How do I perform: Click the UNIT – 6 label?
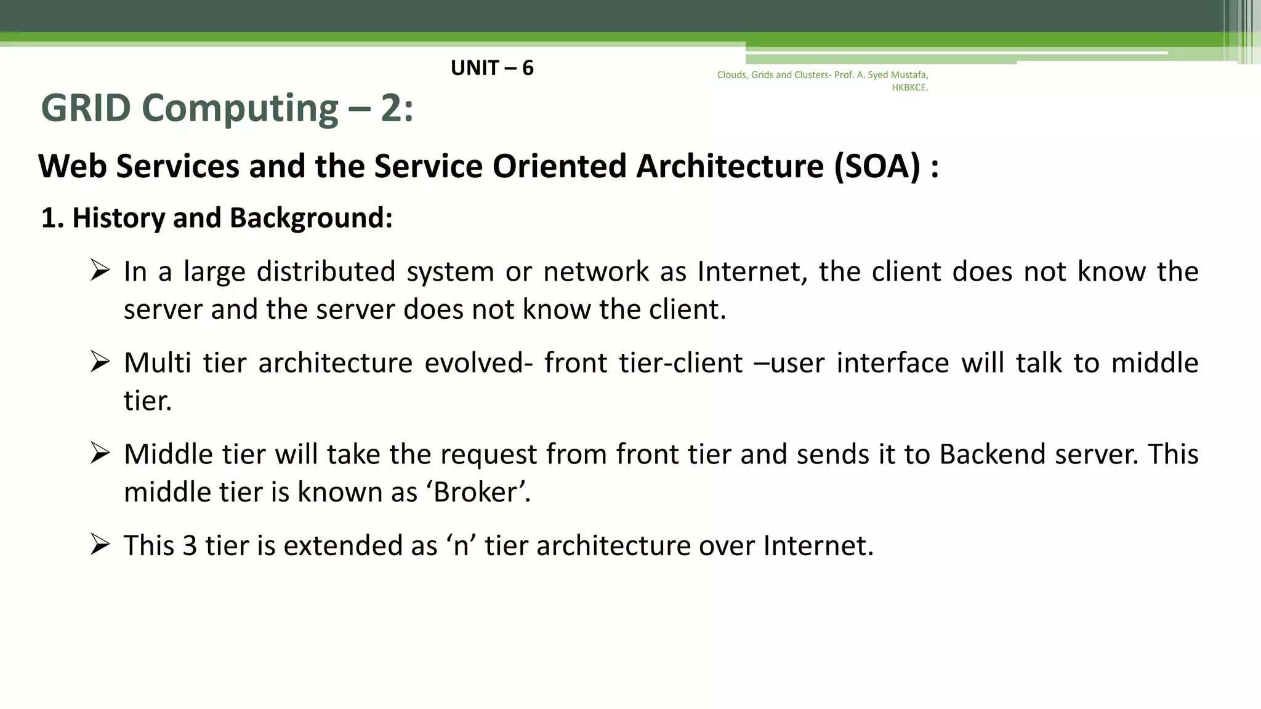(x=492, y=68)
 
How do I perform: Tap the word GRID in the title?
(x=86, y=108)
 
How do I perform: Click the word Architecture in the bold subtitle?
(x=730, y=166)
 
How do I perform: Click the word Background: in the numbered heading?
(x=311, y=218)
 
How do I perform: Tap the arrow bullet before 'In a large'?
(x=100, y=270)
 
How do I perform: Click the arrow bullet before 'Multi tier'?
(x=100, y=362)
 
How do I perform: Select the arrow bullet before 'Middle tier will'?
(x=100, y=453)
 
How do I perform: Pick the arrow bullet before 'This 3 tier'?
(x=100, y=545)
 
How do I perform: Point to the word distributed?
(x=326, y=271)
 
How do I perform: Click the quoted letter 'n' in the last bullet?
(x=461, y=546)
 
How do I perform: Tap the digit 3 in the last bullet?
(x=190, y=546)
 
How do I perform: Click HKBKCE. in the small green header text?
(x=909, y=87)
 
